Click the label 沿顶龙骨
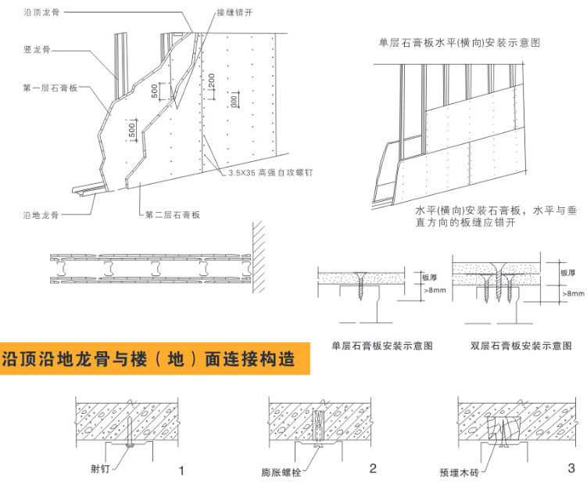coord(42,14)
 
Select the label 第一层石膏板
coord(49,88)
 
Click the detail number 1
coord(181,471)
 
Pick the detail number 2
coord(373,469)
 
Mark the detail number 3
coord(571,469)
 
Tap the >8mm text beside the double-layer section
coord(573,293)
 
